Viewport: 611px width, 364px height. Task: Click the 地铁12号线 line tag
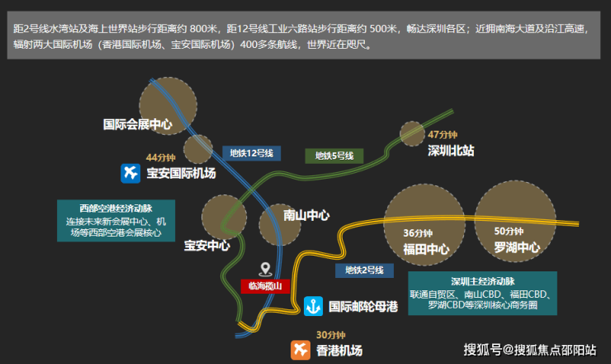251,153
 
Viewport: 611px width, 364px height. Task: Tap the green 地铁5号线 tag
334,156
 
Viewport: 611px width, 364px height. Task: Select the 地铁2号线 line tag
364,271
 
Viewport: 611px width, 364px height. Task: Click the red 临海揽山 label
265,286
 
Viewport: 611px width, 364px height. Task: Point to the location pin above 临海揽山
265,269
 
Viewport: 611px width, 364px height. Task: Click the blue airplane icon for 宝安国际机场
130,174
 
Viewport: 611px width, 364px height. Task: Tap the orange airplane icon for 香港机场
301,350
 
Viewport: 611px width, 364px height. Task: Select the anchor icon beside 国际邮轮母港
313,306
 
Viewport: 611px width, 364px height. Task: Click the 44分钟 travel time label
160,158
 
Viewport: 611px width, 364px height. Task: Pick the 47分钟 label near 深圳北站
443,135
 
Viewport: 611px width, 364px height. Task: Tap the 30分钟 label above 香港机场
331,335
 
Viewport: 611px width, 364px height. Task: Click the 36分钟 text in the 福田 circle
418,233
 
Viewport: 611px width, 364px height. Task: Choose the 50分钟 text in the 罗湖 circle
509,231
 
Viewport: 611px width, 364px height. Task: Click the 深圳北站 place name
451,151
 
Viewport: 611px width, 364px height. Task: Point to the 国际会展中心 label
138,125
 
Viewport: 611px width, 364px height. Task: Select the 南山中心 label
306,215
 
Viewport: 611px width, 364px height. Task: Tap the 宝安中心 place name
207,246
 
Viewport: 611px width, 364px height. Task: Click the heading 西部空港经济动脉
116,208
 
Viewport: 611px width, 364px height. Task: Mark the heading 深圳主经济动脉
483,281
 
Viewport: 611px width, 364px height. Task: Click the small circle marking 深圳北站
412,133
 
